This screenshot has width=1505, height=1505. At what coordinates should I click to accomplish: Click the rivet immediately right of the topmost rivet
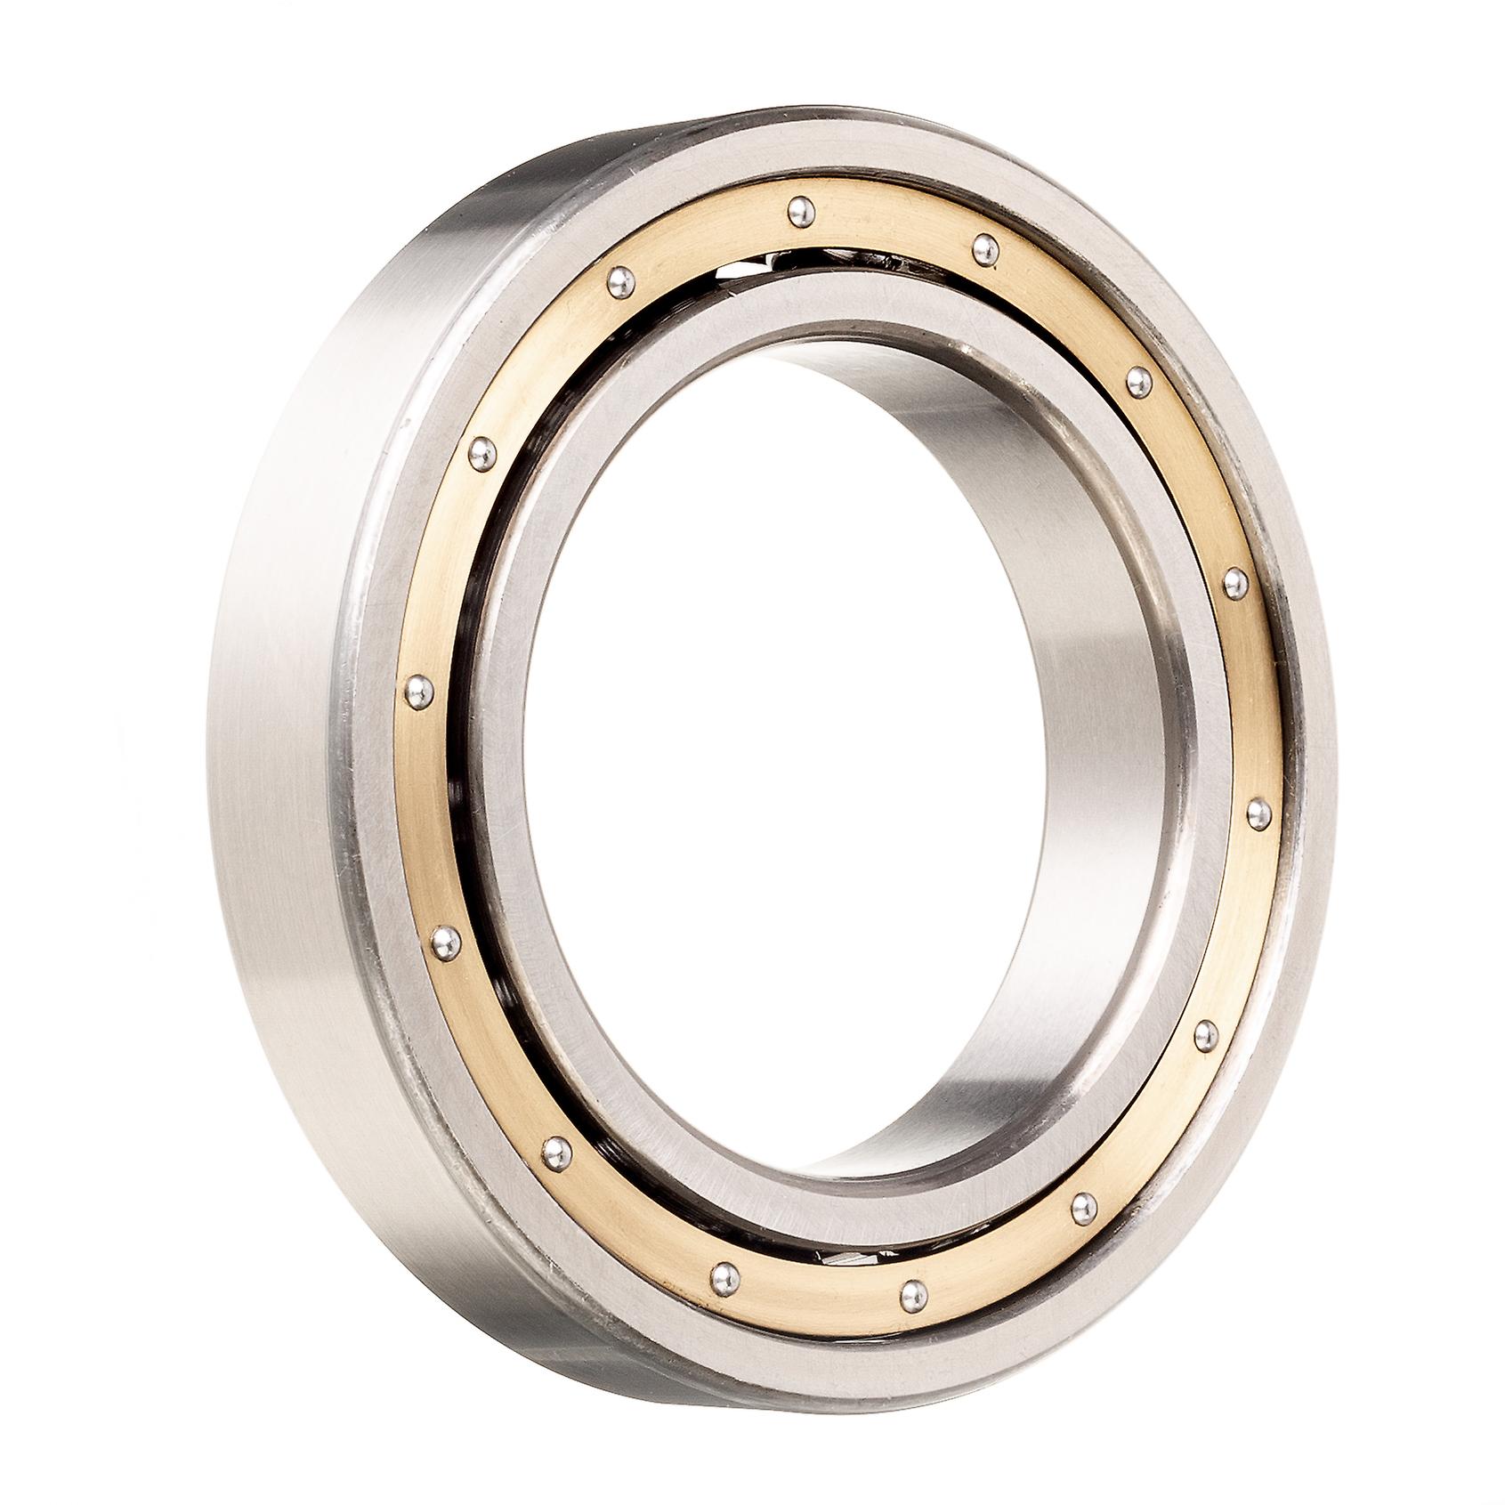pyautogui.click(x=983, y=246)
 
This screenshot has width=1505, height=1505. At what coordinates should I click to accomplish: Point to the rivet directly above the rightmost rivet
pyautogui.click(x=1234, y=582)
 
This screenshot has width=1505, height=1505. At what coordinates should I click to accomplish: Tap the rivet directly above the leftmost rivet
pyautogui.click(x=481, y=451)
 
